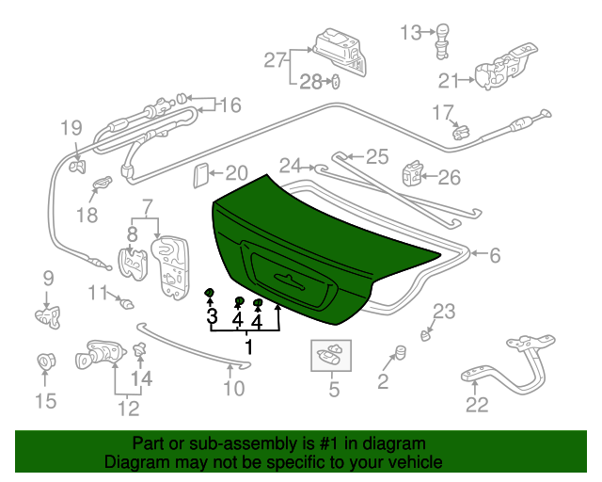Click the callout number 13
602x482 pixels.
411,33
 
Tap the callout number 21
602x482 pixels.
449,80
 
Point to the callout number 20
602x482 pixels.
236,173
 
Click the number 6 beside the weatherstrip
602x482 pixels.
495,254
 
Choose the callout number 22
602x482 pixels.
478,406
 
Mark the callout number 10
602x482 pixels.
233,388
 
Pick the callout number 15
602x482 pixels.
45,403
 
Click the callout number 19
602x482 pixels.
72,128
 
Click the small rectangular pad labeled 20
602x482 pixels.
199,175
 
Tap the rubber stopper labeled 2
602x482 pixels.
398,352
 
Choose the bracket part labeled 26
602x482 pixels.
412,175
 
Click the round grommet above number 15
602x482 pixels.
44,361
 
